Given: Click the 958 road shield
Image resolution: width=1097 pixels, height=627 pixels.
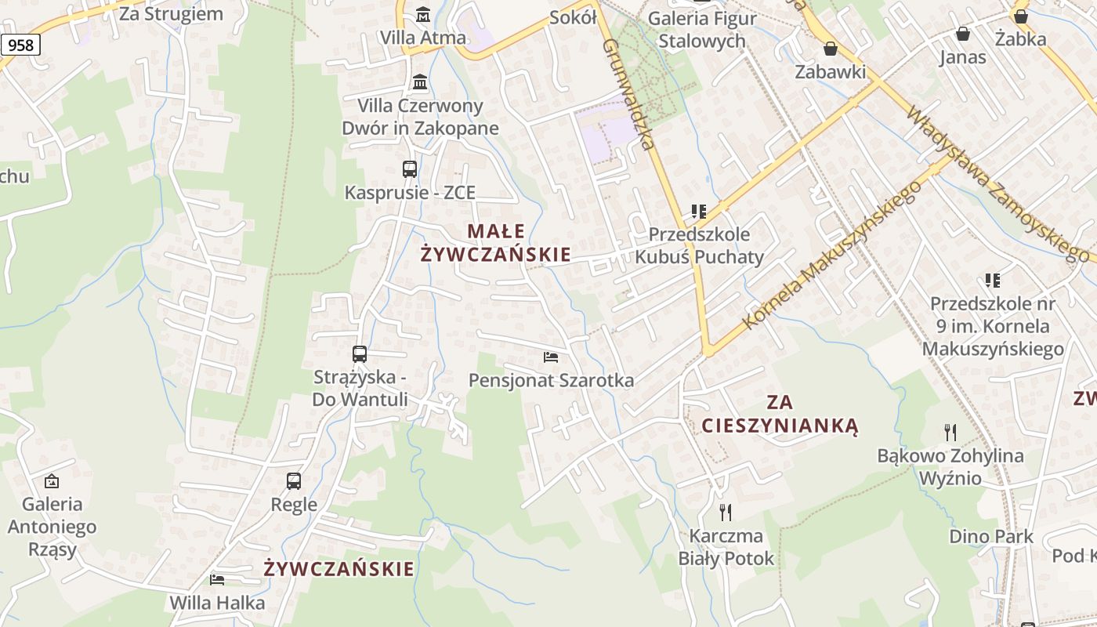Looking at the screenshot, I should click(20, 45).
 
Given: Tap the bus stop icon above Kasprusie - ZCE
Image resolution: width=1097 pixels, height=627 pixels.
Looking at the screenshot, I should click(410, 169).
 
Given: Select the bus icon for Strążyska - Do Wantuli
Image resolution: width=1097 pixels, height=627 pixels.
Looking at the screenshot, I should click(360, 354).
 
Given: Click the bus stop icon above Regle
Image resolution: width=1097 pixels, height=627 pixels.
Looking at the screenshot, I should click(294, 481).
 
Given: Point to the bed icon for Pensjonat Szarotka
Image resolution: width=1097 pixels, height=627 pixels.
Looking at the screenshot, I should click(551, 357).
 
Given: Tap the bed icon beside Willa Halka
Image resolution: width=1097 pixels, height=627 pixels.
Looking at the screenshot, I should click(217, 579).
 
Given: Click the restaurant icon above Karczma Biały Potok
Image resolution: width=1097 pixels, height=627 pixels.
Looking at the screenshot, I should click(726, 513).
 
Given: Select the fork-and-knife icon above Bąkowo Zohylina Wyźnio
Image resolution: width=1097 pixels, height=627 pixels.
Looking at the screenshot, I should click(950, 432).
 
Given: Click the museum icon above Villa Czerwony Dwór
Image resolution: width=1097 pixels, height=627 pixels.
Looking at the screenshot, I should click(420, 82).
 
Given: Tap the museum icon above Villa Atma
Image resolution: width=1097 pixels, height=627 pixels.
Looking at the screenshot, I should click(423, 14).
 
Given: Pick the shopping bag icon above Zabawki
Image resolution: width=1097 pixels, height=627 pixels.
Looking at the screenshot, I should click(831, 49).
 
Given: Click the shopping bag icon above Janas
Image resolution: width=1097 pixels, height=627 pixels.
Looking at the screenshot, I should click(963, 34).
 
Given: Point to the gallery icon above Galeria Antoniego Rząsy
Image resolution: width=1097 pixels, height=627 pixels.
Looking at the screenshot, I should click(52, 480).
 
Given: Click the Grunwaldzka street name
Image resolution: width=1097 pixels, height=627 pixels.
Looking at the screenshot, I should click(628, 94).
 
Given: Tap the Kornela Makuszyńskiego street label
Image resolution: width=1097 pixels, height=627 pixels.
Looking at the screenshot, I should click(831, 256).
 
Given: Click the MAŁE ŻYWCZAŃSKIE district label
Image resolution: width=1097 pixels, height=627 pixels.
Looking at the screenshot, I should click(495, 243).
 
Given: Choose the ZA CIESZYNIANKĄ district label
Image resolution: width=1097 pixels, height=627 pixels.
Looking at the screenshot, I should click(780, 414).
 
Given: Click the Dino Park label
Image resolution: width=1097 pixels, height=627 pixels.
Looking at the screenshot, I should click(991, 537).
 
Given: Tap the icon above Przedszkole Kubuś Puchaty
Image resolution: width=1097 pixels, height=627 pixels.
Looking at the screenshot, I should click(698, 212).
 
